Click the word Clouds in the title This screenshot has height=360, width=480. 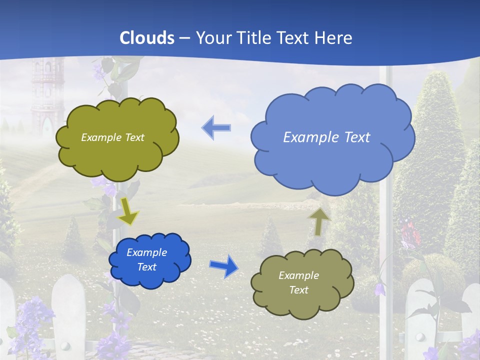(147, 37)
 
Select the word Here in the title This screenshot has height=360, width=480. (334, 37)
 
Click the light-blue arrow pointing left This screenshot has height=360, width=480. (216, 128)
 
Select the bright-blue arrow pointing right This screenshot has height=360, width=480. (223, 265)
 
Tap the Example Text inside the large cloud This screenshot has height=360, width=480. (326, 137)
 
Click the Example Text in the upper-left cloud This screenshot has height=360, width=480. (112, 137)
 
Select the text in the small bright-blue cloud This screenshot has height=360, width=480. (146, 260)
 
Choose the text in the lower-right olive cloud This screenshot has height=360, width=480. (298, 282)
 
